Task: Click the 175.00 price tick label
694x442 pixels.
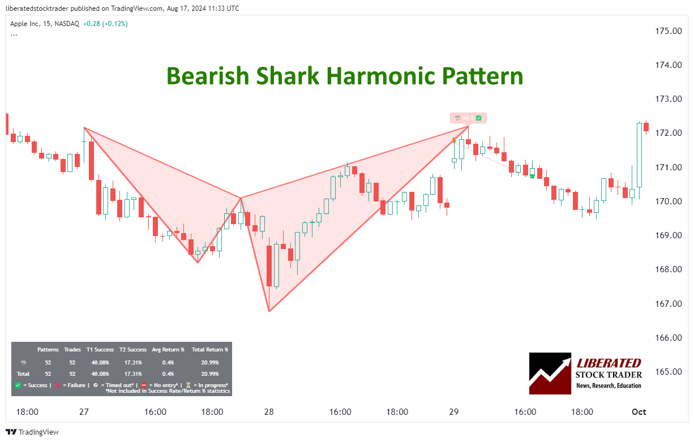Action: (668, 31)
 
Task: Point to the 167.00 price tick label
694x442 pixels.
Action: (668, 303)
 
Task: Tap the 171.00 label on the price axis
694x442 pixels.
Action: (668, 167)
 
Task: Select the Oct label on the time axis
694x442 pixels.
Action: (639, 412)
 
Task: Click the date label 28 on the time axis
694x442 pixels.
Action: (269, 412)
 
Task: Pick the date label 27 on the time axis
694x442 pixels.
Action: (84, 412)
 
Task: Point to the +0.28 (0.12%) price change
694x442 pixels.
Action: (105, 24)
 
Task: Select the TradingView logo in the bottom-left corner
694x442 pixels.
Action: (35, 432)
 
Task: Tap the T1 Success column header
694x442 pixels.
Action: (100, 350)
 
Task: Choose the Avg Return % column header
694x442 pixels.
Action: (168, 350)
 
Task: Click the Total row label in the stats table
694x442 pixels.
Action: (23, 374)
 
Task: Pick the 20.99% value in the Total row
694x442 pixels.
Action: (210, 374)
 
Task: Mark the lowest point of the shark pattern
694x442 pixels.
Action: (269, 311)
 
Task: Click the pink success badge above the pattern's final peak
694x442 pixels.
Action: (468, 118)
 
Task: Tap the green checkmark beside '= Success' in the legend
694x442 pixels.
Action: (18, 385)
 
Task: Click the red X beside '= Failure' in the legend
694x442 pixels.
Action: (57, 385)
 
